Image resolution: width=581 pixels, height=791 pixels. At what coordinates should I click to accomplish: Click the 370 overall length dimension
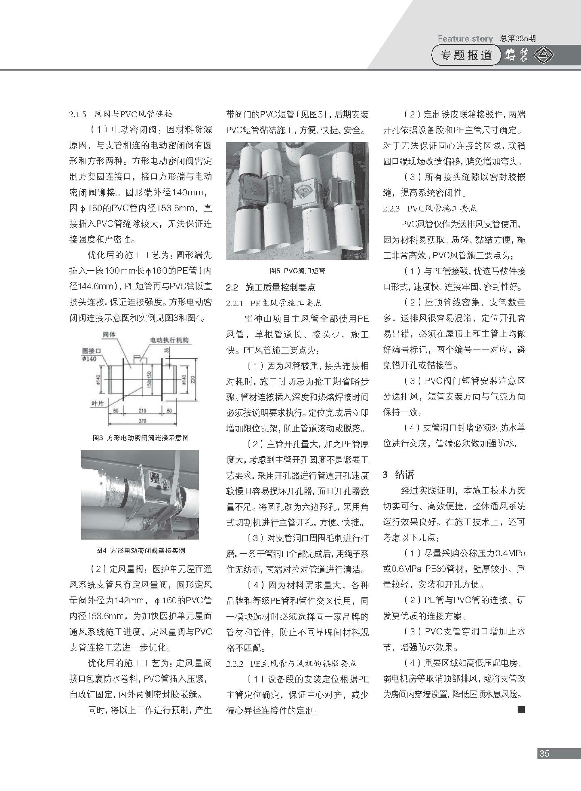tap(142, 421)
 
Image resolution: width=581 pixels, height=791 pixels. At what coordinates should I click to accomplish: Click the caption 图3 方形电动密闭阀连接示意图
tap(140, 438)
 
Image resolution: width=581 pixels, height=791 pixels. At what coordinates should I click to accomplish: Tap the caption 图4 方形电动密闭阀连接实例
tap(140, 550)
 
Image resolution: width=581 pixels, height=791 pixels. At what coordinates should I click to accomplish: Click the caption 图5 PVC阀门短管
tap(297, 271)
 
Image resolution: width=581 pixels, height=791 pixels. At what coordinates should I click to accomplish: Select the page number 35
tap(544, 753)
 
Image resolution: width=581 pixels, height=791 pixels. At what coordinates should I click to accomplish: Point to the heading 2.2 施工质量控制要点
tap(270, 287)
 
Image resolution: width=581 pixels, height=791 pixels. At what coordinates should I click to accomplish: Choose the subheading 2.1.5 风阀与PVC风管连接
tap(121, 115)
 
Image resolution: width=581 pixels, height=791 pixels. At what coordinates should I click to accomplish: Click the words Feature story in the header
tap(465, 39)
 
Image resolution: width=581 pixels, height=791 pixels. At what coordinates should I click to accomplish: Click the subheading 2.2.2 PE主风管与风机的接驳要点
tap(292, 663)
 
